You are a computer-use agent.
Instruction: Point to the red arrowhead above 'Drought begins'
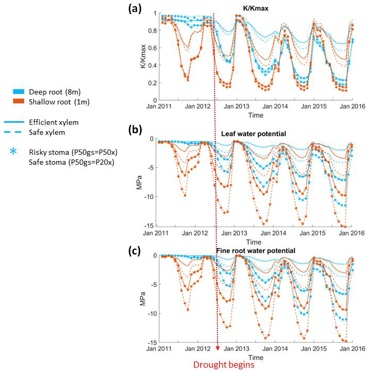point(217,348)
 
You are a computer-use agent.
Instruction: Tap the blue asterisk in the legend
point(14,152)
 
